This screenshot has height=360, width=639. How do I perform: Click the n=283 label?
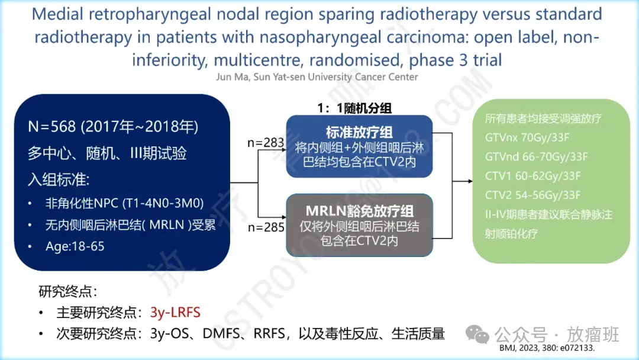coord(265,142)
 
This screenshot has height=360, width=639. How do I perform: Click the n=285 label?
coord(266,227)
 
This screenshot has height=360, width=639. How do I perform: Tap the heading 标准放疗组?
coord(359,132)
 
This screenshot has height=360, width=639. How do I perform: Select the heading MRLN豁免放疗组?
coord(360,211)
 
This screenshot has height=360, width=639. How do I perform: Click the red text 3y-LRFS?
coord(175,312)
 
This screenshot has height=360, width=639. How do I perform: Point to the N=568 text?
coord(51,127)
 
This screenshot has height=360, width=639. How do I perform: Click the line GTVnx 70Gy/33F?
coord(527,137)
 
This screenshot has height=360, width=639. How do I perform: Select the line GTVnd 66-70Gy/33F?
coord(536,156)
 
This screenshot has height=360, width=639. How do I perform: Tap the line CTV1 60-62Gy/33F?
coord(532,176)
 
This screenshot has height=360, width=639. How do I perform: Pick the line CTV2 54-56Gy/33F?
coord(532,195)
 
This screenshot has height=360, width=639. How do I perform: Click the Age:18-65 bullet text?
coord(75,246)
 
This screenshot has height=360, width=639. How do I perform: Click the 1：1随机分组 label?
coord(354,108)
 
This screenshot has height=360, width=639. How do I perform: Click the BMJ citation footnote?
coord(547,348)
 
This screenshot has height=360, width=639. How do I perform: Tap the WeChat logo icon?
coord(477,335)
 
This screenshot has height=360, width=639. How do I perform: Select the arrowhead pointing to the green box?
coord(470,181)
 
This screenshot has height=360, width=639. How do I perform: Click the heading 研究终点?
coord(68,291)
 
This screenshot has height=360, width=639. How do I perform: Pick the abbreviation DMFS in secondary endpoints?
coord(222,333)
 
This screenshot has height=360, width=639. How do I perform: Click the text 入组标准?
coord(58,179)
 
